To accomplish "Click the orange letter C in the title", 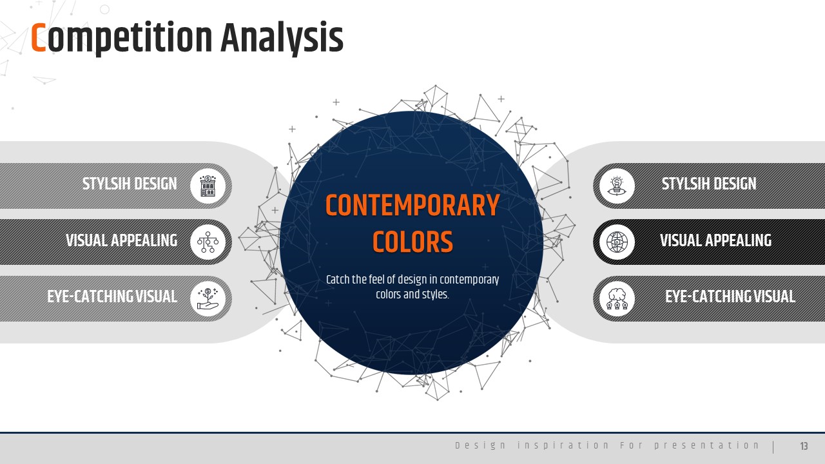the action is click(38, 37).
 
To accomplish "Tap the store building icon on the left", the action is click(208, 186).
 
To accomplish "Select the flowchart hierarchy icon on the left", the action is click(208, 242).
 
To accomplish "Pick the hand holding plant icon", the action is click(208, 298).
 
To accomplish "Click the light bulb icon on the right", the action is click(617, 186).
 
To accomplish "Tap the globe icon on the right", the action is click(617, 242).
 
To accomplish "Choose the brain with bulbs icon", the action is click(617, 298).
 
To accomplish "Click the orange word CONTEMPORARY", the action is click(412, 206).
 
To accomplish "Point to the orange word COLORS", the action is click(412, 242).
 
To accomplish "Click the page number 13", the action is click(804, 446).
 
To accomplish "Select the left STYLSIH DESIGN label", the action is click(130, 184).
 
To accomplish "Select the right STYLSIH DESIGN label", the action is click(709, 184).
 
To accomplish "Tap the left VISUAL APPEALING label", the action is click(122, 240).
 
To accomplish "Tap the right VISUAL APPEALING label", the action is click(715, 240).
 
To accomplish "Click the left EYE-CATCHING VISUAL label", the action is click(112, 296).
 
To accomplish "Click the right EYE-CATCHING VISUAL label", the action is click(730, 296).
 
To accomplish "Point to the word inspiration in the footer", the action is click(563, 445).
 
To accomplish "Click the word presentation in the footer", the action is click(706, 445).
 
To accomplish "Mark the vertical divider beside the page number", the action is click(773, 447).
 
